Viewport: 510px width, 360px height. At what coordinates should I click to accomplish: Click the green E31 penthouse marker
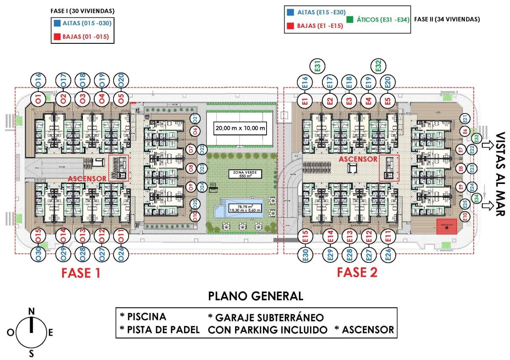tap(318, 66)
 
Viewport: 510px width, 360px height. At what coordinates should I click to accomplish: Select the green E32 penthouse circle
tap(379, 65)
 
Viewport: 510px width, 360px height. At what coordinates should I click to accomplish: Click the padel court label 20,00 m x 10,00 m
tap(240, 128)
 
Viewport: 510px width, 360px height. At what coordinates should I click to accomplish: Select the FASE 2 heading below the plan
tap(357, 272)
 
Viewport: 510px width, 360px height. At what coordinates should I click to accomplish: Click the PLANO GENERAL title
tap(255, 296)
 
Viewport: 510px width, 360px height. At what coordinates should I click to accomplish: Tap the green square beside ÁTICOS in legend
tap(349, 19)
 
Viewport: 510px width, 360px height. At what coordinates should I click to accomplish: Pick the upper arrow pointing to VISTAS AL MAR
tap(487, 146)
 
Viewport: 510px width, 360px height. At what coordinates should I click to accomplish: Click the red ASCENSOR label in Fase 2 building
tap(358, 159)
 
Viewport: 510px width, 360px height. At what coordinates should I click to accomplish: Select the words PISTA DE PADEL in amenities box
tap(163, 330)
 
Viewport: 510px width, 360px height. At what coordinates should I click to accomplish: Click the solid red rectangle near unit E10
tap(447, 226)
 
